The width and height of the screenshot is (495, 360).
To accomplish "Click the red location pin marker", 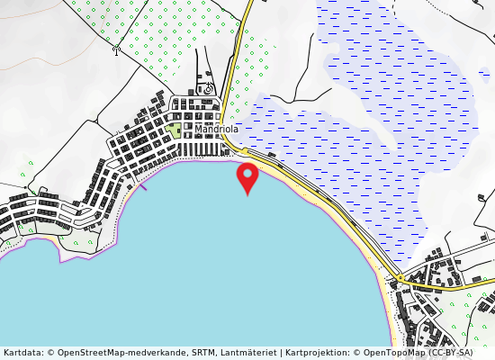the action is (x=247, y=175).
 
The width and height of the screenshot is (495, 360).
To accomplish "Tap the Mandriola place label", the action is (x=216, y=130).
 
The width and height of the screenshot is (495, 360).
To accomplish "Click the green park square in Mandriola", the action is (x=174, y=131).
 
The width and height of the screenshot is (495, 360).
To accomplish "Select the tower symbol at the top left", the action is (x=116, y=50).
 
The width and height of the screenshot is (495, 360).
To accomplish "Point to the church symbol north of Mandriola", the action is (x=209, y=88).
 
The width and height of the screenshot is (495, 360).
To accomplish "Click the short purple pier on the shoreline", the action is (x=142, y=186).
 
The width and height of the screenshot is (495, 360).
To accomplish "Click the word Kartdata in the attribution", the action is (x=22, y=353).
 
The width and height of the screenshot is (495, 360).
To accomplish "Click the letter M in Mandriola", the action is (x=198, y=130).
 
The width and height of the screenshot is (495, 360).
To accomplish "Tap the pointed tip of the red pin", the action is (x=247, y=194).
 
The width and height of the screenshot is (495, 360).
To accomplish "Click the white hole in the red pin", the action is (x=247, y=172).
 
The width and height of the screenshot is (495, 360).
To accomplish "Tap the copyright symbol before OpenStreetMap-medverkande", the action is (x=50, y=353).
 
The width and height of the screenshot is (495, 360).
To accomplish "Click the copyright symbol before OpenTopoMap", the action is (x=357, y=353).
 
